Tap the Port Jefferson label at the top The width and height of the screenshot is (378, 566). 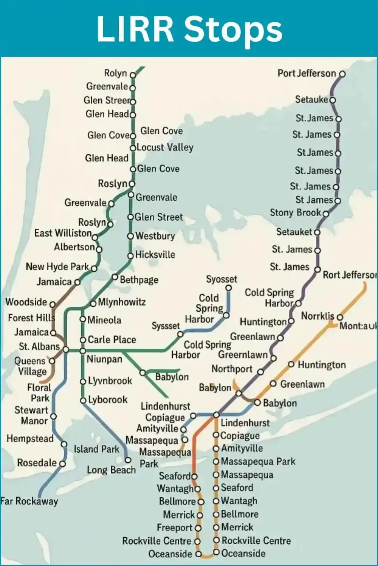tap(307, 73)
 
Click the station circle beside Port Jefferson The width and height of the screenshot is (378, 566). tap(342, 74)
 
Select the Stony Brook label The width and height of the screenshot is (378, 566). tap(295, 213)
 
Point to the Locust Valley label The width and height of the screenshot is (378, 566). tap(165, 148)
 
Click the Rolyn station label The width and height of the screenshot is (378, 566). tap(116, 73)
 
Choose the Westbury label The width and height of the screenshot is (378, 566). tap(155, 236)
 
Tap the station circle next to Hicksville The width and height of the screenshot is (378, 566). tap(130, 256)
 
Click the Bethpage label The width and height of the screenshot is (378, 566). tap(139, 280)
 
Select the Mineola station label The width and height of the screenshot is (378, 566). tap(104, 320)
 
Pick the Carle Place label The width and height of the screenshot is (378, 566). tap(112, 340)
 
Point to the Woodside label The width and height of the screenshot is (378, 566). tap(26, 302)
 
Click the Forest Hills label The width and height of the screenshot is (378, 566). tap(31, 318)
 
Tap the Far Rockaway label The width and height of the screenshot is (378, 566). tap(29, 501)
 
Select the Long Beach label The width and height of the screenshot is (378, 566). tap(111, 470)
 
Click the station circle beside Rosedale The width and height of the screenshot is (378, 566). tap(62, 464)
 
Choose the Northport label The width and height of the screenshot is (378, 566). tap(232, 369)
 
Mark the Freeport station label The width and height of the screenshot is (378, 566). tap(175, 528)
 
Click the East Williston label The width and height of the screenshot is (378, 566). tap(63, 233)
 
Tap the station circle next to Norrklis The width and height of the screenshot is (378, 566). tap(340, 317)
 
